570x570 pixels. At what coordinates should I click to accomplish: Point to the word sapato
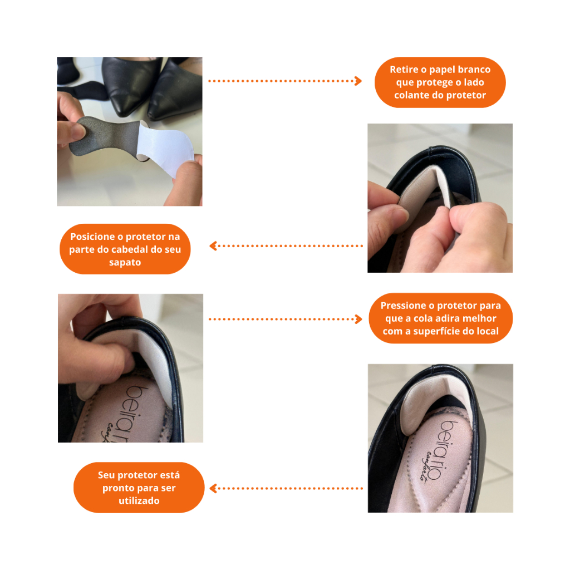pos(125,263)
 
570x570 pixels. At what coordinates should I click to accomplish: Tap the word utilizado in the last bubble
pos(139,501)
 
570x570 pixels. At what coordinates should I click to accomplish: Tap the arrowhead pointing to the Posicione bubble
pos(213,246)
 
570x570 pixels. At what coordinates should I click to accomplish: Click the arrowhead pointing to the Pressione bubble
pos(358,319)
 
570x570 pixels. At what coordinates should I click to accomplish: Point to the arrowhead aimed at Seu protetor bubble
pos(213,488)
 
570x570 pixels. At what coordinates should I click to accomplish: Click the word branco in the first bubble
pos(474,70)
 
